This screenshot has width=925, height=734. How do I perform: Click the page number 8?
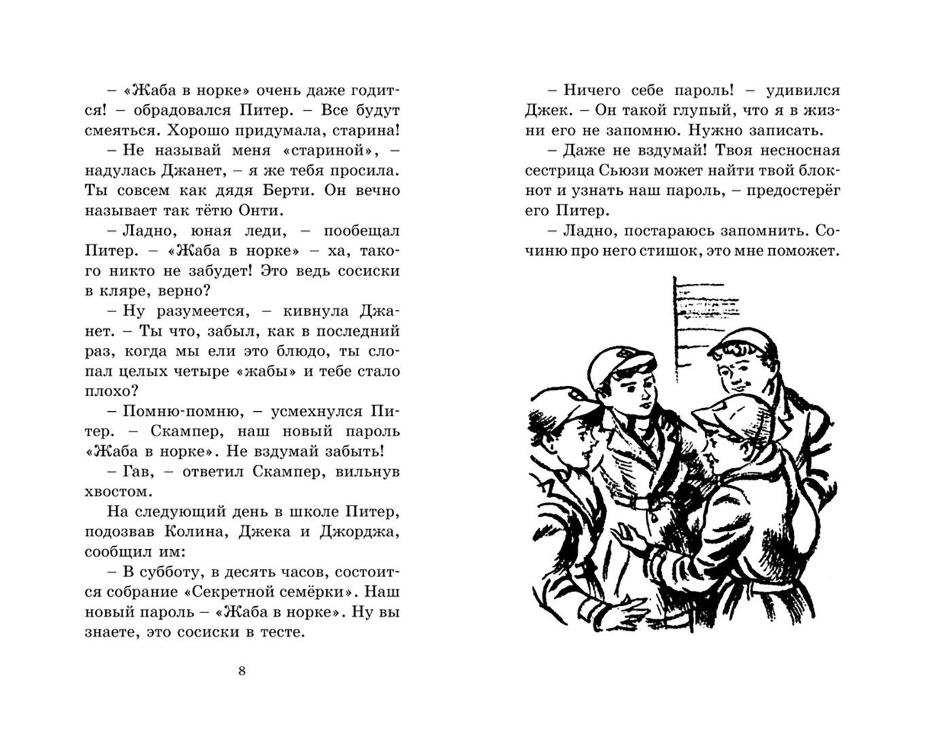pyautogui.click(x=242, y=671)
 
